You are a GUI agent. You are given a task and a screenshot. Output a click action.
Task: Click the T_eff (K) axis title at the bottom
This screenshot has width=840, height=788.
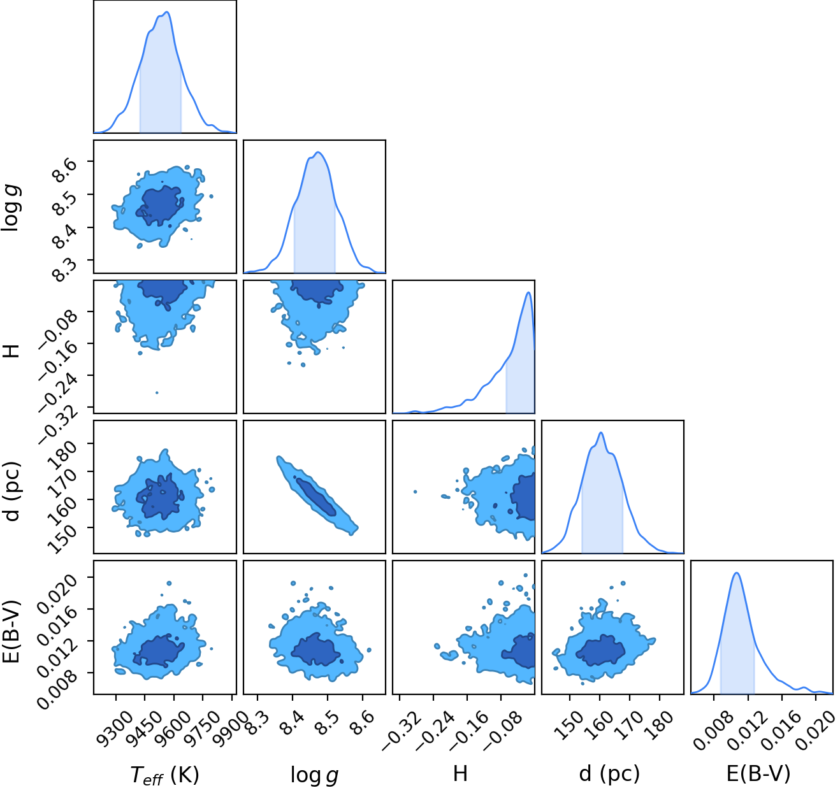tap(164, 774)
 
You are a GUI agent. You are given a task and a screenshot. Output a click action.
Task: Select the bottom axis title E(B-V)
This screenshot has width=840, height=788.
tap(758, 773)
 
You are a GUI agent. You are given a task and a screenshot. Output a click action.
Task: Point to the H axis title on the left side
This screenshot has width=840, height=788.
tap(12, 351)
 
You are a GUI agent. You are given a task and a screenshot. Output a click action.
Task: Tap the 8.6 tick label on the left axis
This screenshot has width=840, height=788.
tap(65, 170)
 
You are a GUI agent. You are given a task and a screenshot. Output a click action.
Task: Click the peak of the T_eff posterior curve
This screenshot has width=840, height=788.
tap(167, 12)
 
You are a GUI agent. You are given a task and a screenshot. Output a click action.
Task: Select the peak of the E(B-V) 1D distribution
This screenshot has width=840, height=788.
tap(736, 573)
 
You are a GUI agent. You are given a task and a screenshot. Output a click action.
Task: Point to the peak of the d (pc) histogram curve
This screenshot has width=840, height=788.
tap(601, 433)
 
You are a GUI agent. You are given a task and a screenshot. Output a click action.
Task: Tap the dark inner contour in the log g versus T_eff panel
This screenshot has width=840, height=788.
tap(160, 206)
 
